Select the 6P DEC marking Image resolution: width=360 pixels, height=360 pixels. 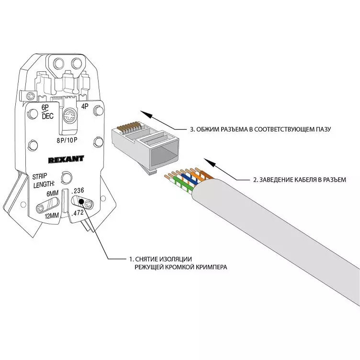pyautogui.click(x=47, y=112)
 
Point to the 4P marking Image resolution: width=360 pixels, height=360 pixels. pyautogui.click(x=85, y=107)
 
